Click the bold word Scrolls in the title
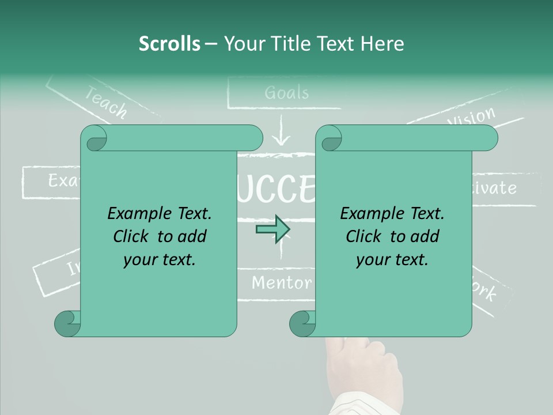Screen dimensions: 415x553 169,43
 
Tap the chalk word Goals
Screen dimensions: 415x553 287,92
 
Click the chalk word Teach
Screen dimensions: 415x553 106,102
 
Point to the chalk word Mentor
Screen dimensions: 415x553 282,282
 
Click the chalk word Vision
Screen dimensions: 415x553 471,117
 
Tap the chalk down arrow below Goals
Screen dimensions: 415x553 281,131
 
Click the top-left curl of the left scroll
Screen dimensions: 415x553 94,138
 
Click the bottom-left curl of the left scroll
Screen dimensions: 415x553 67,323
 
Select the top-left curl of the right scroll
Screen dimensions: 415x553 329,138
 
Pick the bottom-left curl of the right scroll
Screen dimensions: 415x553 302,323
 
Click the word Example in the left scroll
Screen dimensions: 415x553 132,213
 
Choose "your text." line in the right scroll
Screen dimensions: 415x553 392,259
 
